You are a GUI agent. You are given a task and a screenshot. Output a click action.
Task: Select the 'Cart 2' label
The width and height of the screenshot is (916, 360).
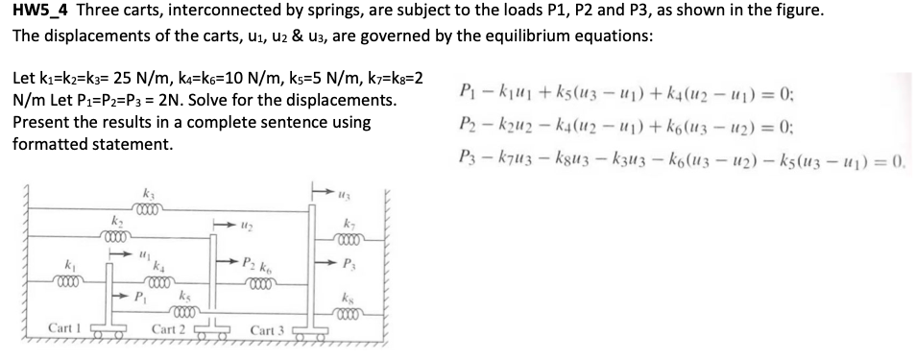[x=168, y=329]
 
